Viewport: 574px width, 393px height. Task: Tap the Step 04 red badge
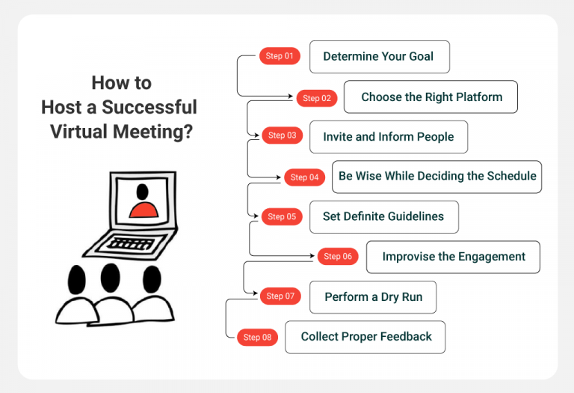[x=304, y=177]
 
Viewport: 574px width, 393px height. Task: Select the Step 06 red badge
[x=338, y=257]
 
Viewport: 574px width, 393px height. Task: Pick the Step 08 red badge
[x=257, y=338]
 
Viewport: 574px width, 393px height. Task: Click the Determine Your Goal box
[x=379, y=57]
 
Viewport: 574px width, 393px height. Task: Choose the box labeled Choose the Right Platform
[x=430, y=97]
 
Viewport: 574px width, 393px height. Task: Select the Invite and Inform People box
[x=388, y=137]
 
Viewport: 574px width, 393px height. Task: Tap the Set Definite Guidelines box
[x=383, y=217]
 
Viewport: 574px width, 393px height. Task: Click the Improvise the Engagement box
[x=453, y=257]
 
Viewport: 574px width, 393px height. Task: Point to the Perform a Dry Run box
[x=373, y=297]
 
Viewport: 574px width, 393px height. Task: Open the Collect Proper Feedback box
[x=365, y=337]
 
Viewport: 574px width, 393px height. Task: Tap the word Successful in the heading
[x=150, y=107]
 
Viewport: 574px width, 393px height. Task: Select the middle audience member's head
[x=110, y=278]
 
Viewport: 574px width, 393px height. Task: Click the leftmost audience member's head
[x=77, y=281]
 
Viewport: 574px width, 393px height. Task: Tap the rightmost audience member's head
[x=151, y=279]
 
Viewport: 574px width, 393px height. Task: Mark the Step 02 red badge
[x=317, y=98]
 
